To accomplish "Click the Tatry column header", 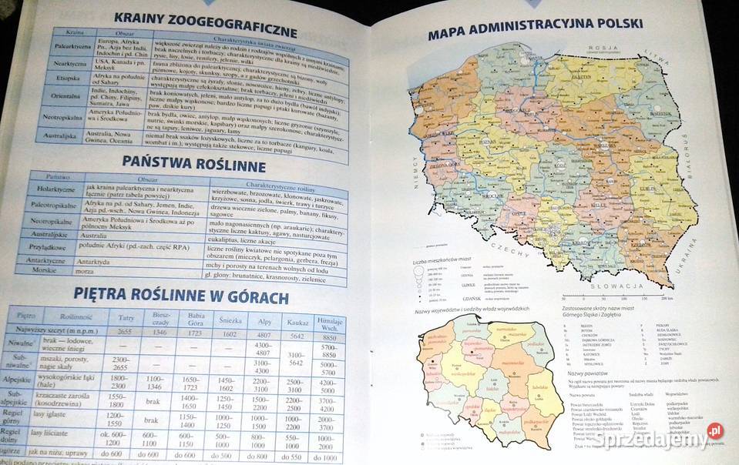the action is (126, 316).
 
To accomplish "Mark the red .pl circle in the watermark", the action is (715, 432).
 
